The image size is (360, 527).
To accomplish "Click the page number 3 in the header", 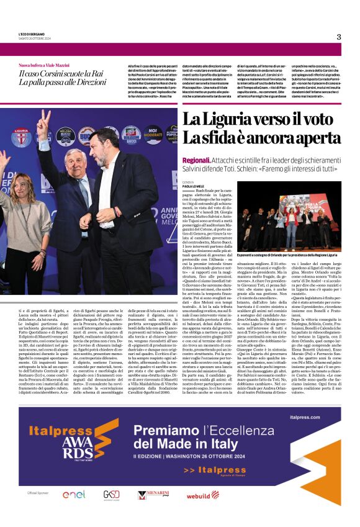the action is pos(338,37).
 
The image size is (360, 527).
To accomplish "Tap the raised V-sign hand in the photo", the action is pos(43,122).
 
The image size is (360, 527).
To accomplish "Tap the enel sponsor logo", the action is pos(74,494).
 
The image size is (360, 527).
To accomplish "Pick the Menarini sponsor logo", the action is pos(153,494).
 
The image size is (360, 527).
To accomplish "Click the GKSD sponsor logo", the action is pos(112,494).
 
